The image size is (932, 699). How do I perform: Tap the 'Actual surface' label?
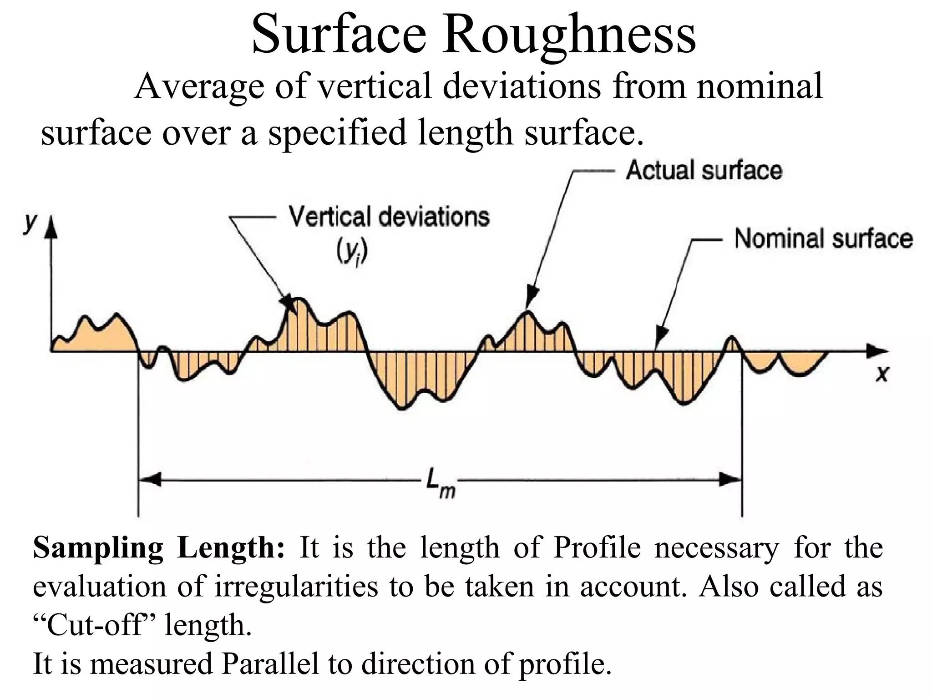[704, 171]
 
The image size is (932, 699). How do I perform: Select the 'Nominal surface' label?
[823, 238]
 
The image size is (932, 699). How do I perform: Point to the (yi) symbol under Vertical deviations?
[352, 253]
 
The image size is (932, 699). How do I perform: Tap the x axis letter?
[882, 374]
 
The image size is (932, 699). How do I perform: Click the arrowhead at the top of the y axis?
[52, 230]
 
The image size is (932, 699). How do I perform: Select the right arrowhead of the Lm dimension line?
[731, 479]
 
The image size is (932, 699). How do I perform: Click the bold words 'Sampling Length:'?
[159, 548]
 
